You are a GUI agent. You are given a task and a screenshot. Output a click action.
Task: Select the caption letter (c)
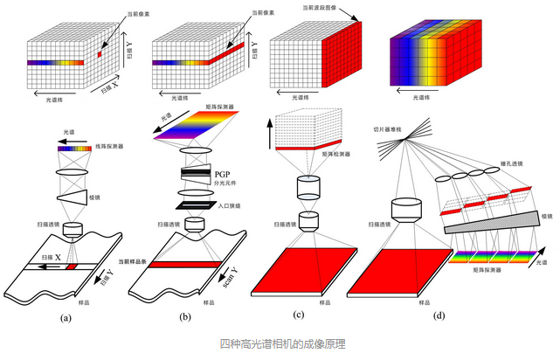click(x=299, y=315)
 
